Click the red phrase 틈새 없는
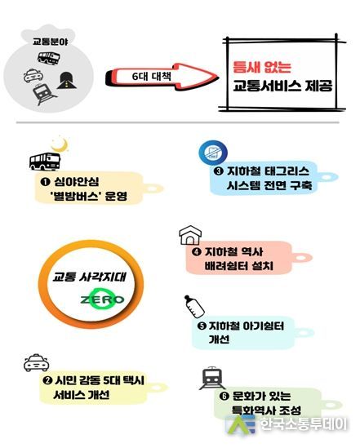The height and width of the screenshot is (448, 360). click(x=262, y=67)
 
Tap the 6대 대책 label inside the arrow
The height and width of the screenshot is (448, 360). click(x=152, y=76)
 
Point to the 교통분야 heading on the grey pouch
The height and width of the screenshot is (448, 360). click(x=51, y=42)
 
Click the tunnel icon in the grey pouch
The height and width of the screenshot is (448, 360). click(x=69, y=80)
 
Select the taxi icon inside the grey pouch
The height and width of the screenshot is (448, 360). click(x=33, y=75)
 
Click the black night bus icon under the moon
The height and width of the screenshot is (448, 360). click(x=45, y=162)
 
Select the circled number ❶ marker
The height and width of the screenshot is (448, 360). click(x=45, y=181)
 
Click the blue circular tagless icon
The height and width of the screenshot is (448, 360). click(x=213, y=152)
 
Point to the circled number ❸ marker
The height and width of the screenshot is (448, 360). click(x=218, y=171)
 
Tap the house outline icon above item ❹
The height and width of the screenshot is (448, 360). click(x=190, y=235)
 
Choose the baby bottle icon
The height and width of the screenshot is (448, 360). click(x=194, y=306)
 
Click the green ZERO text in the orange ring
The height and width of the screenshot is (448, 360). click(x=102, y=299)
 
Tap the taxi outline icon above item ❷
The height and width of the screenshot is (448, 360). click(x=36, y=363)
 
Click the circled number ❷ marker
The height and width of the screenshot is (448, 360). click(x=47, y=380)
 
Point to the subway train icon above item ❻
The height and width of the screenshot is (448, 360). click(x=212, y=379)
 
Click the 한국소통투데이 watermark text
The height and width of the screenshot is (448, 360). click(x=304, y=424)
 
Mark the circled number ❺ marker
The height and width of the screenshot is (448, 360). click(x=202, y=326)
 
